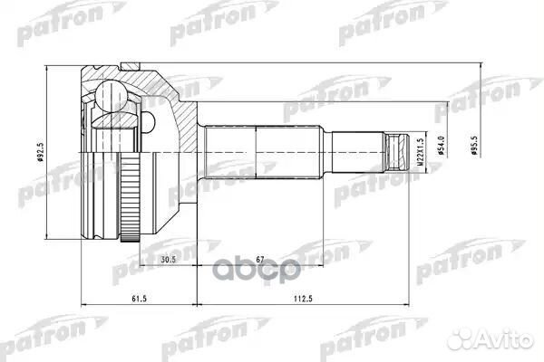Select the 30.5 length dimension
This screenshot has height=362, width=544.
[169, 260]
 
